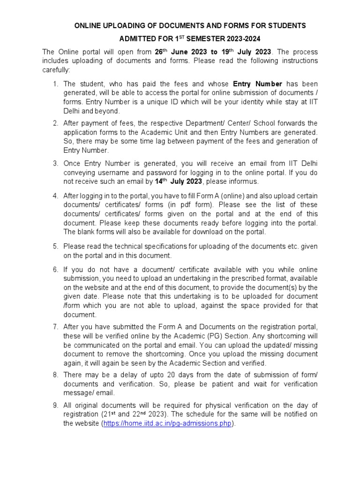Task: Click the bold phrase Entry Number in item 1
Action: coord(255,84)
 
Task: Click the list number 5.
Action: coord(55,246)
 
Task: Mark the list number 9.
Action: coord(55,405)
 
